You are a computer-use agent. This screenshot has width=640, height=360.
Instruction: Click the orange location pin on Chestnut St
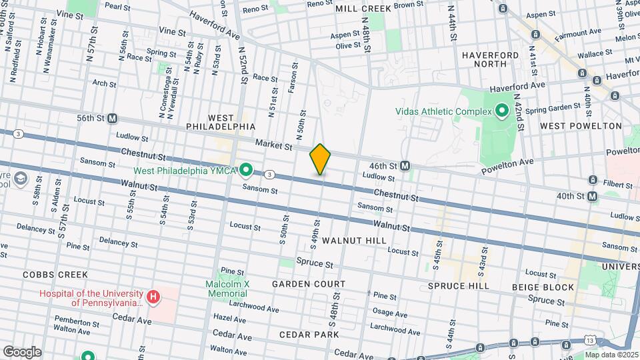(x=320, y=159)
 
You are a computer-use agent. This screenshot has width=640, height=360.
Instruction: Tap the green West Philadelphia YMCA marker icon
(x=246, y=171)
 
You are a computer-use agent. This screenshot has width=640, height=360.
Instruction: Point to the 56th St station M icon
(x=112, y=118)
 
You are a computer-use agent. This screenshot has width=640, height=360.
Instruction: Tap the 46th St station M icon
(x=405, y=165)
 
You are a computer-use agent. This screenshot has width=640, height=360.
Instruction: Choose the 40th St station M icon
(x=593, y=196)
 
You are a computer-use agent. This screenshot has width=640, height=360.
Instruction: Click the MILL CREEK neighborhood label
(x=363, y=8)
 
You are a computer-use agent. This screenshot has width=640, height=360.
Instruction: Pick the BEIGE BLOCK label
(x=543, y=287)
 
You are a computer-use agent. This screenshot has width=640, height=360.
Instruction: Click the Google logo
(x=21, y=352)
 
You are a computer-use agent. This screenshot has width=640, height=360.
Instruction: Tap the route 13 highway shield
(x=590, y=340)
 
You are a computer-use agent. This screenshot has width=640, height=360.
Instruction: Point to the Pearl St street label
(x=117, y=6)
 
